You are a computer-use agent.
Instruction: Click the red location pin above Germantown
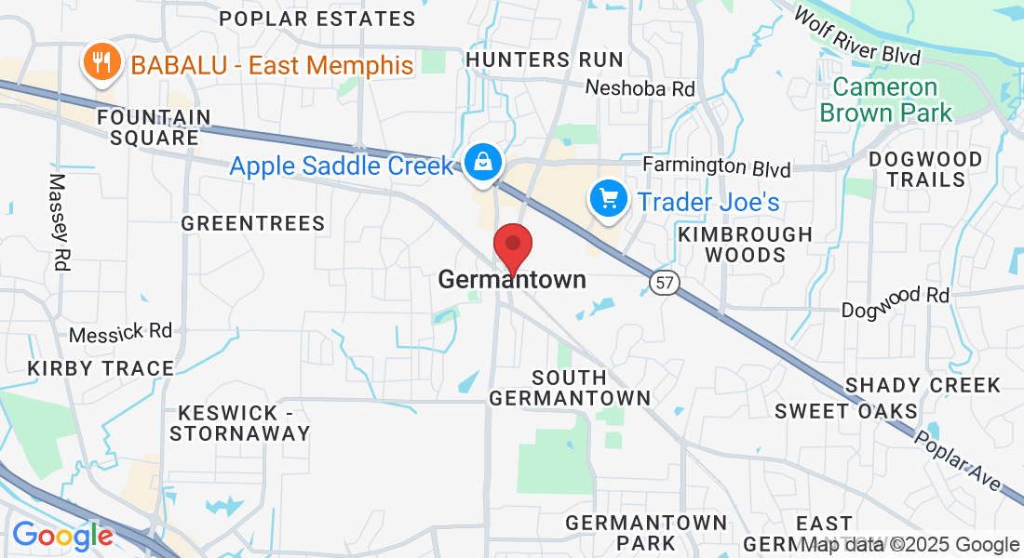512,246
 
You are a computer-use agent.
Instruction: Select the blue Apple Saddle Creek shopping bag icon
484,162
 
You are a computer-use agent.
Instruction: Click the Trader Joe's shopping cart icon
609,198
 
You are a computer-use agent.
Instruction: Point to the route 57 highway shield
666,282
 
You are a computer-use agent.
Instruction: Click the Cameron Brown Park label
885,100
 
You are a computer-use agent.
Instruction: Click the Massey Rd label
59,222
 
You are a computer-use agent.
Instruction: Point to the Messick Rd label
122,331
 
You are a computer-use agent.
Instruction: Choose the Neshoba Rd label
640,88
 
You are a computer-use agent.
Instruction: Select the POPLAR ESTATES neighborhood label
317,19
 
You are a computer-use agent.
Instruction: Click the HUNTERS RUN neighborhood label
545,60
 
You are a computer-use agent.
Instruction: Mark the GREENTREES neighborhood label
253,223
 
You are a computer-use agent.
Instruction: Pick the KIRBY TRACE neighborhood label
101,368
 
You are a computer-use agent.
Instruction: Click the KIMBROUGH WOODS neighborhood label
745,245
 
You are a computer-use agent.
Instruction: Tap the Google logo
62,536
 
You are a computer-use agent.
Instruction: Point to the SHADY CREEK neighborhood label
922,385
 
